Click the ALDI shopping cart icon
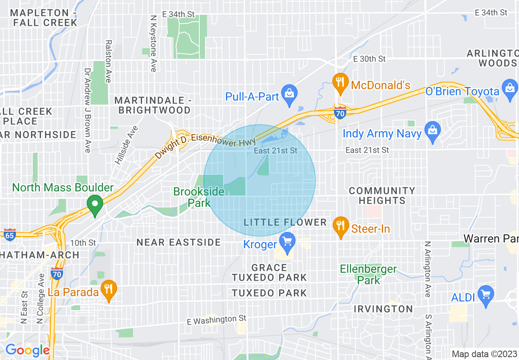(x=486, y=295)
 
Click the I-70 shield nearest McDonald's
(x=340, y=112)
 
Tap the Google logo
(x=27, y=350)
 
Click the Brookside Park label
(x=199, y=197)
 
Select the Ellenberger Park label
(x=368, y=274)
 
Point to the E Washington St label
(x=217, y=320)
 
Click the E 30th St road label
(x=370, y=59)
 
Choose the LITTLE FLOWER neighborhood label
(x=285, y=223)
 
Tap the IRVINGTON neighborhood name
(x=383, y=309)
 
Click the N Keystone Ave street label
(x=153, y=43)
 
